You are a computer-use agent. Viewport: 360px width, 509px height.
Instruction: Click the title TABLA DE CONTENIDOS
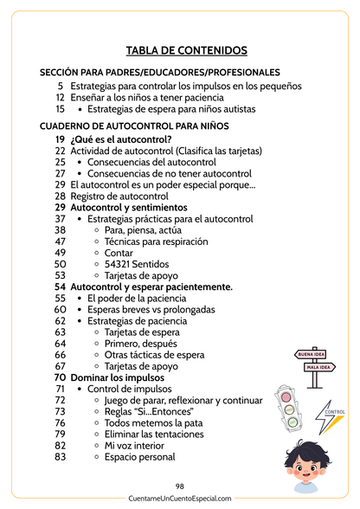pyautogui.click(x=186, y=51)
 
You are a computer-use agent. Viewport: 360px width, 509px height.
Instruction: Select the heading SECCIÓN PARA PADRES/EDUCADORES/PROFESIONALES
pyautogui.click(x=159, y=72)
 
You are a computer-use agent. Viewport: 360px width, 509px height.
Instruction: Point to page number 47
pyautogui.click(x=60, y=242)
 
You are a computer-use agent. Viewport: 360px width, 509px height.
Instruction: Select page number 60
pyautogui.click(x=60, y=309)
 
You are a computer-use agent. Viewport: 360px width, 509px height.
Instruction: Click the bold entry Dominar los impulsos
pyautogui.click(x=119, y=377)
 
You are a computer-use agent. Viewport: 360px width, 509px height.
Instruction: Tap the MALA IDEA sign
pyautogui.click(x=318, y=367)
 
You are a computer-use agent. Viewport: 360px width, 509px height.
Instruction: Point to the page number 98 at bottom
pyautogui.click(x=180, y=486)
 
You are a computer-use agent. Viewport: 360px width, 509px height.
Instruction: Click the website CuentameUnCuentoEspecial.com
pyautogui.click(x=180, y=499)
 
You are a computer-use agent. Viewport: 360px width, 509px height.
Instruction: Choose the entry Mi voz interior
pyautogui.click(x=134, y=445)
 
